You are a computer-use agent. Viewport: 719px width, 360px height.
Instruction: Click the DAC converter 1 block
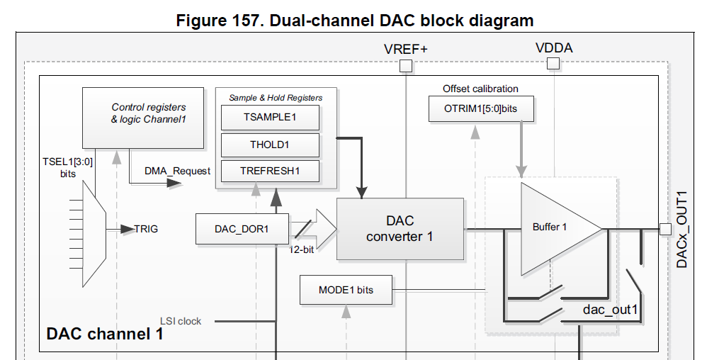point(400,229)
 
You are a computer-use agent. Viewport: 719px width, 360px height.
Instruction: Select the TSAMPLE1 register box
point(270,117)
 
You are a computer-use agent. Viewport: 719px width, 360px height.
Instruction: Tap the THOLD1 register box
point(270,145)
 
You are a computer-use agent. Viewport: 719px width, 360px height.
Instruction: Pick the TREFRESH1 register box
point(270,171)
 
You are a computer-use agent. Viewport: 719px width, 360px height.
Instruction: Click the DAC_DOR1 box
point(242,229)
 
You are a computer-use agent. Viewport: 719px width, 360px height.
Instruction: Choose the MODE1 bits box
point(346,290)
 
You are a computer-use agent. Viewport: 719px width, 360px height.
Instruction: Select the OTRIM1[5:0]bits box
point(481,108)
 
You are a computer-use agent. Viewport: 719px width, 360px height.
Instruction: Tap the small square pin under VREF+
point(406,66)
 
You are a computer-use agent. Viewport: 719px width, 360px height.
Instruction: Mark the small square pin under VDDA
point(553,64)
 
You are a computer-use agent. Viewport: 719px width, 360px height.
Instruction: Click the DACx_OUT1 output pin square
point(665,229)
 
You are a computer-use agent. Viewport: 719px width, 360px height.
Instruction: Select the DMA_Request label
point(177,171)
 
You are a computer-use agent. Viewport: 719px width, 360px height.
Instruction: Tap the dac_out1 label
point(611,310)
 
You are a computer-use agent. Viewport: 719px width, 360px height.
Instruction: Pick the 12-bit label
point(304,249)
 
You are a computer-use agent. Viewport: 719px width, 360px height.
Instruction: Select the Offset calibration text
point(480,89)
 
